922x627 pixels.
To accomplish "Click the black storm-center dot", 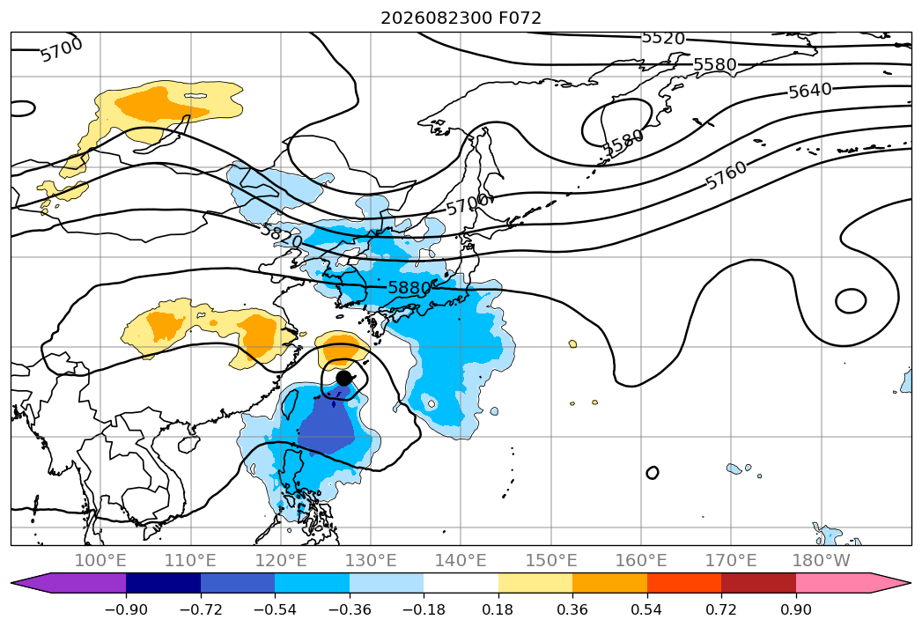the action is [x=344, y=378].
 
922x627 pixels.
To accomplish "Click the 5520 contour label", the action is [x=663, y=38].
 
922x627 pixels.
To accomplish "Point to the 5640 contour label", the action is [x=809, y=91].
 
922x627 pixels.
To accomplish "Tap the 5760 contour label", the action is [x=726, y=175].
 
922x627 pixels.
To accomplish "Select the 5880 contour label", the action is [x=409, y=288].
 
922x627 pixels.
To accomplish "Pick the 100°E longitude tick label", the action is [x=100, y=561].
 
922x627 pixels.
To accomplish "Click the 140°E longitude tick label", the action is [x=461, y=561].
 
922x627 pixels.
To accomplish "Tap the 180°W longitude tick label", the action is [x=821, y=561].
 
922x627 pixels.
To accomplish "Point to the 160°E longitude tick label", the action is [x=641, y=561].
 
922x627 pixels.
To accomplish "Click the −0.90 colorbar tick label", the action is [x=126, y=610].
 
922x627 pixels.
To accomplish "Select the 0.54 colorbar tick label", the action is [x=647, y=610].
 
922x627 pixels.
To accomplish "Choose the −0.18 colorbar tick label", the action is [x=424, y=610].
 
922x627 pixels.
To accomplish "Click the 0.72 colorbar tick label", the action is [x=721, y=610].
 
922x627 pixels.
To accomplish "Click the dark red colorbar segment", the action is [x=758, y=583].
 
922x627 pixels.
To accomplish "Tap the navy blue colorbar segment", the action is [x=164, y=583].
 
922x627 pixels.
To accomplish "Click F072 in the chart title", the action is [x=520, y=18].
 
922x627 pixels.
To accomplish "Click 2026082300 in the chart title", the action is [x=436, y=18].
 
